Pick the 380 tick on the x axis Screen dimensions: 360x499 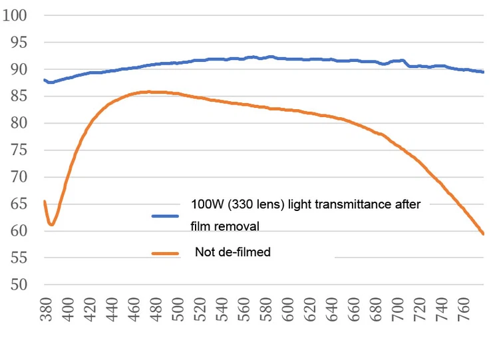[47, 310]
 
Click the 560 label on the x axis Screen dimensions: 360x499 [244, 310]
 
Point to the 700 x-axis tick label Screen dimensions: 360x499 [398, 310]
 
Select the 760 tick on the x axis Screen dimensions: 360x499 [464, 310]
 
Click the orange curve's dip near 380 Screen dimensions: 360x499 [51, 224]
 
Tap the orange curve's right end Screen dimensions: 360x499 [484, 234]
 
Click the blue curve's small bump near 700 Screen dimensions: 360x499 [402, 61]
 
